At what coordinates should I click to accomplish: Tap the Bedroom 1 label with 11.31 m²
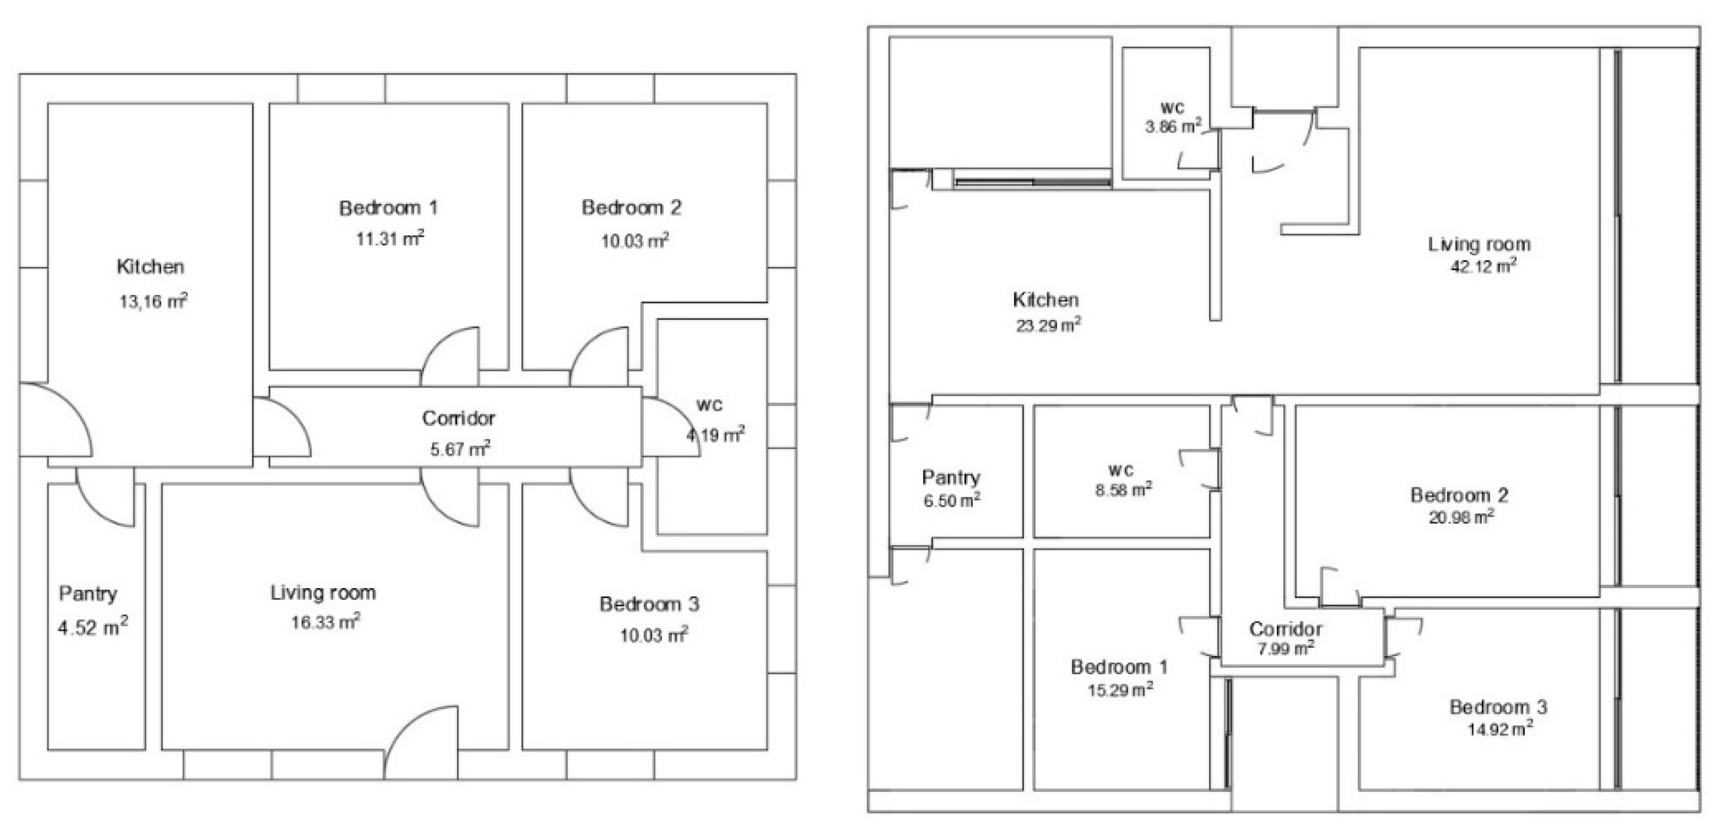click(x=389, y=208)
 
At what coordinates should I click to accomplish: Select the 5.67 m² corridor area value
click(x=460, y=449)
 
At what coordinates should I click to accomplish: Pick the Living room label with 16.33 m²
click(x=323, y=592)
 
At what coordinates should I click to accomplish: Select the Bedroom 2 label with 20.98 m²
click(x=1459, y=495)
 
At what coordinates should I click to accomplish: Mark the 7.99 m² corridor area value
click(x=1285, y=648)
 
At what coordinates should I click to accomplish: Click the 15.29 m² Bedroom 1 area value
click(x=1120, y=690)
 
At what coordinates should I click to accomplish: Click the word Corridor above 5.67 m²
click(x=459, y=418)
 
